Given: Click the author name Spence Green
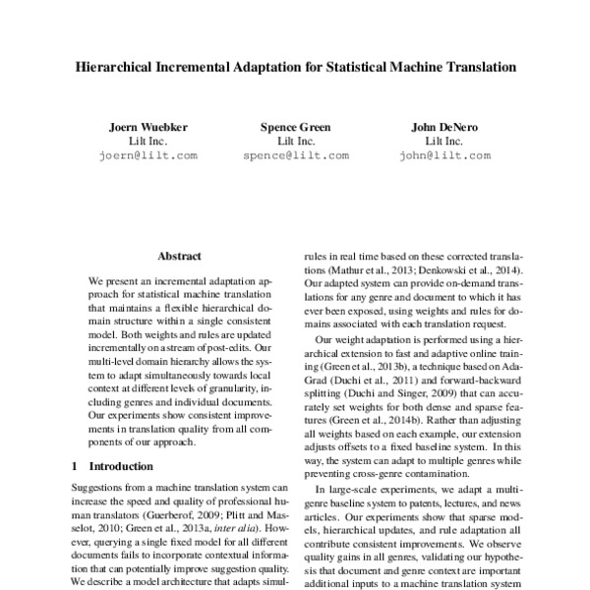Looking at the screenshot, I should (x=295, y=127).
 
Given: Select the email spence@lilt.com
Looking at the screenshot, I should (x=295, y=155).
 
